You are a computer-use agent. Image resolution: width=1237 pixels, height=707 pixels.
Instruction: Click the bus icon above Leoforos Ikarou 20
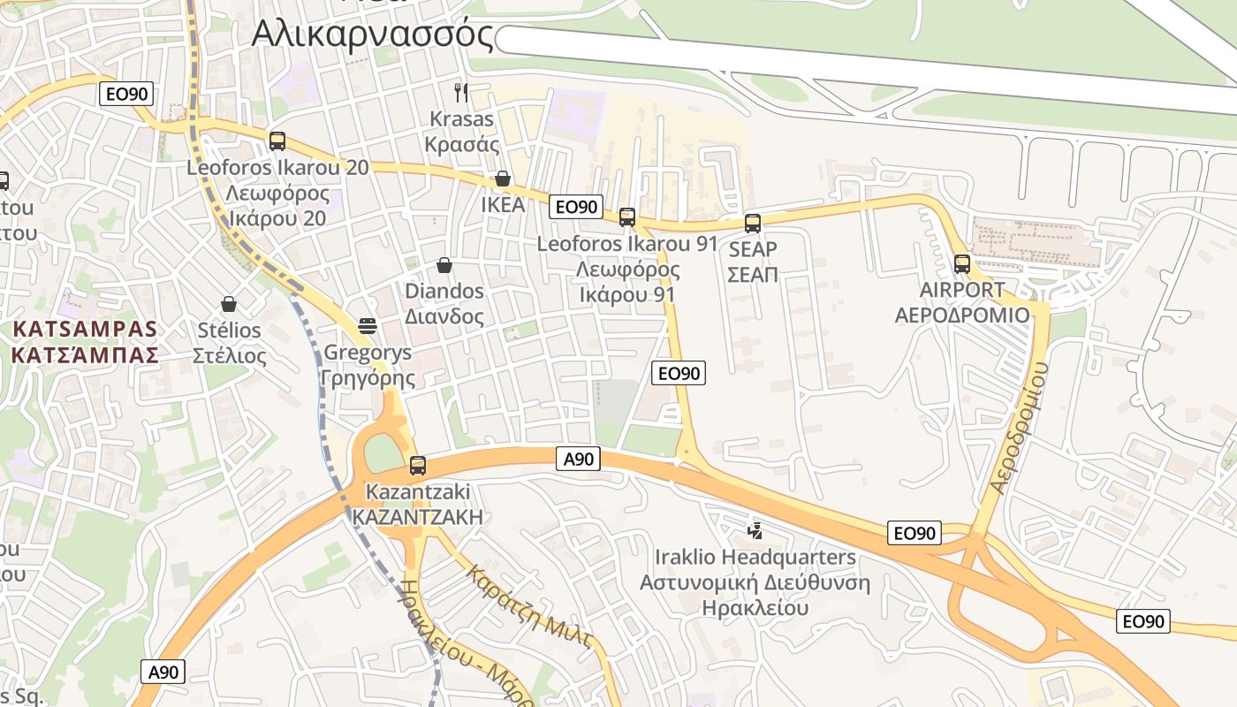tap(277, 141)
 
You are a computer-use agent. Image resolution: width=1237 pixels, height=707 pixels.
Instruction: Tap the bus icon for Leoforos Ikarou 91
tap(627, 217)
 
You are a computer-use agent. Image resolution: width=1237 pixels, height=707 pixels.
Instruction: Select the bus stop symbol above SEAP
tap(753, 223)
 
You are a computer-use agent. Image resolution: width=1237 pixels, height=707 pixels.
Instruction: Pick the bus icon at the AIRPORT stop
tap(962, 263)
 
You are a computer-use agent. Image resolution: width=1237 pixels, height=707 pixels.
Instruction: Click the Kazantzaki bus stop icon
tap(418, 465)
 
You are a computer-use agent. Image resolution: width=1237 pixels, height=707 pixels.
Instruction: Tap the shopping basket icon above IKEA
tap(503, 179)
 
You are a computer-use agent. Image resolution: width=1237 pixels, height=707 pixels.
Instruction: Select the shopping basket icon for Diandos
tap(444, 265)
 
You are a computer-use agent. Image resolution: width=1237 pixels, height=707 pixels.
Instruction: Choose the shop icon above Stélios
tap(229, 305)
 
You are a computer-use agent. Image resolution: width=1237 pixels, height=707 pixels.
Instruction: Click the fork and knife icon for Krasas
tap(460, 92)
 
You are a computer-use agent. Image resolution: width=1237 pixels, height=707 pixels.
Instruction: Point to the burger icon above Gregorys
tap(368, 326)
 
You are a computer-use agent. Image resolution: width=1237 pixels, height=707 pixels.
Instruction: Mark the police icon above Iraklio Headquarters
tap(755, 530)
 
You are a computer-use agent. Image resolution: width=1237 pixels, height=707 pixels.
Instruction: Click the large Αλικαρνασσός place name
tap(372, 34)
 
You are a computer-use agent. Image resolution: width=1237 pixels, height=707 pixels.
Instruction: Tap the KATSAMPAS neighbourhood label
tap(86, 330)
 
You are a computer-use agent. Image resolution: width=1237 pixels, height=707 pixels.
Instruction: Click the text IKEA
tap(503, 205)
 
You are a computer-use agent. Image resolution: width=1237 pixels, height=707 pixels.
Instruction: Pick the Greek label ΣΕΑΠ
tap(753, 274)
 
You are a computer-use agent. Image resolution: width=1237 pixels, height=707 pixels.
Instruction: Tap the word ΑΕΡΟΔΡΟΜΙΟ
tap(962, 315)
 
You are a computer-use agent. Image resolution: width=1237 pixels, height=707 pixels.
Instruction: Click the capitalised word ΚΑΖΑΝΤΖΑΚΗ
tap(418, 517)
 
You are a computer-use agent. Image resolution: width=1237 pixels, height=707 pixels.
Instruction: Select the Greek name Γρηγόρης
tap(368, 378)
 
